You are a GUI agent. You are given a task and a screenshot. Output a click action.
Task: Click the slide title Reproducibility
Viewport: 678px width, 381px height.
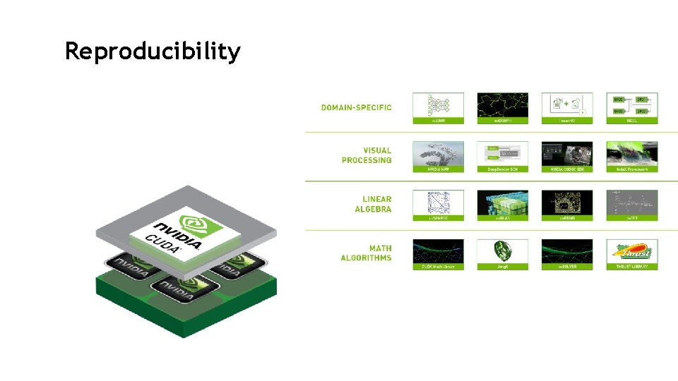(153, 52)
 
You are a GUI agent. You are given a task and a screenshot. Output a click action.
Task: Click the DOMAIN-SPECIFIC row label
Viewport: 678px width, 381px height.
(356, 107)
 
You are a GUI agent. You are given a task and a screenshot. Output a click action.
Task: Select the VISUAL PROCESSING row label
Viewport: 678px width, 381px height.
(366, 155)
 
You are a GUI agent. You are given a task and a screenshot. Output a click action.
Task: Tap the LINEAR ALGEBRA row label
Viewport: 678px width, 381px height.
(372, 204)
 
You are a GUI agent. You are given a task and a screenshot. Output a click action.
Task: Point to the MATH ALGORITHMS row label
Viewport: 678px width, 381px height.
(366, 253)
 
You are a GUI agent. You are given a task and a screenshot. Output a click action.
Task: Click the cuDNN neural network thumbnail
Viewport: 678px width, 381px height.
(438, 105)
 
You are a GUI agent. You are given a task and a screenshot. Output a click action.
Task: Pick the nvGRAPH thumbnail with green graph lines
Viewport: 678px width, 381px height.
(502, 105)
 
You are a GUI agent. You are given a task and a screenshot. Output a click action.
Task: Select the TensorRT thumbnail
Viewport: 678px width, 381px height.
(566, 105)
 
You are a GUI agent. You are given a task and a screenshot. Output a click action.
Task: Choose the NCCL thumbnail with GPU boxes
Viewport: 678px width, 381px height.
(631, 105)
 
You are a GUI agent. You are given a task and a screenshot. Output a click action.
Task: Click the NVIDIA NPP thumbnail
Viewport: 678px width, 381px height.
(438, 154)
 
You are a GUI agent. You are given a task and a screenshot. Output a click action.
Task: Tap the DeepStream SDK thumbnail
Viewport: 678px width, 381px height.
(502, 154)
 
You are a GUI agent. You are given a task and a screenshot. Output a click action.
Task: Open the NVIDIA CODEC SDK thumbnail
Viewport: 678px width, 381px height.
(566, 154)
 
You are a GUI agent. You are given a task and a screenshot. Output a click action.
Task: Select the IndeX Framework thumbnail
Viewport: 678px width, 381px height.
(631, 154)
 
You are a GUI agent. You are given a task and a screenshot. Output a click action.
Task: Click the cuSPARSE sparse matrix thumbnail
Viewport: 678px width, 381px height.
(438, 203)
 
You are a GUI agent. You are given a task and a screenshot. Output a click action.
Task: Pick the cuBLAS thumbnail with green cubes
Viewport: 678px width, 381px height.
(502, 203)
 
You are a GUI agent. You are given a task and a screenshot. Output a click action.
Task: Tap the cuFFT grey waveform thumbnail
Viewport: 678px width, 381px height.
(631, 203)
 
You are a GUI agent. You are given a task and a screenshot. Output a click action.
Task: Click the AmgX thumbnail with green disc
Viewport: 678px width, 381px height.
(502, 252)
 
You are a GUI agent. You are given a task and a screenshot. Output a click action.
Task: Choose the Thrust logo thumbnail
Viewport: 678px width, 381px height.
(631, 252)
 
